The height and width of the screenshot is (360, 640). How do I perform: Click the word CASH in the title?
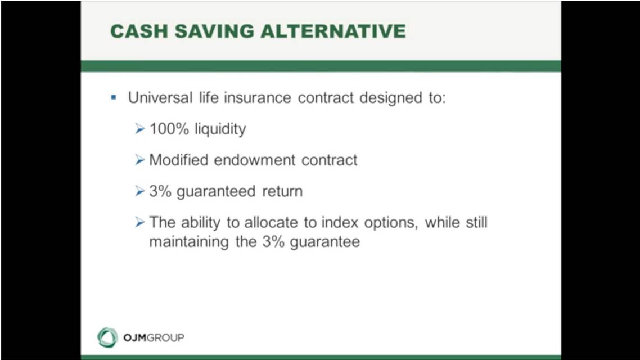[139, 31]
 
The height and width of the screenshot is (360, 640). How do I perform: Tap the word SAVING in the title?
[214, 31]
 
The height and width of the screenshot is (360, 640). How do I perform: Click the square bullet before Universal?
[114, 97]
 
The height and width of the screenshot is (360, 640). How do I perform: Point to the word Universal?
[160, 97]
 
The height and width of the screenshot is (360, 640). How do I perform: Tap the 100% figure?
[169, 129]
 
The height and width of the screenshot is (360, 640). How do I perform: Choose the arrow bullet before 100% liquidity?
[139, 129]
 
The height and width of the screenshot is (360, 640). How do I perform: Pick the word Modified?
[179, 160]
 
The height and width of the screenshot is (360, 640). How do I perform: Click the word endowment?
[255, 160]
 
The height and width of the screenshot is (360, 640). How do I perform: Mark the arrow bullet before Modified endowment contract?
[139, 160]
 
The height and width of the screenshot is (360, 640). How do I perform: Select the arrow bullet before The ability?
[139, 222]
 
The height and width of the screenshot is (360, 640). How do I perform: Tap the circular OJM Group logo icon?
[107, 337]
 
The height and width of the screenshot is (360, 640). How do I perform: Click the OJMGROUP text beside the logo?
[154, 338]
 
